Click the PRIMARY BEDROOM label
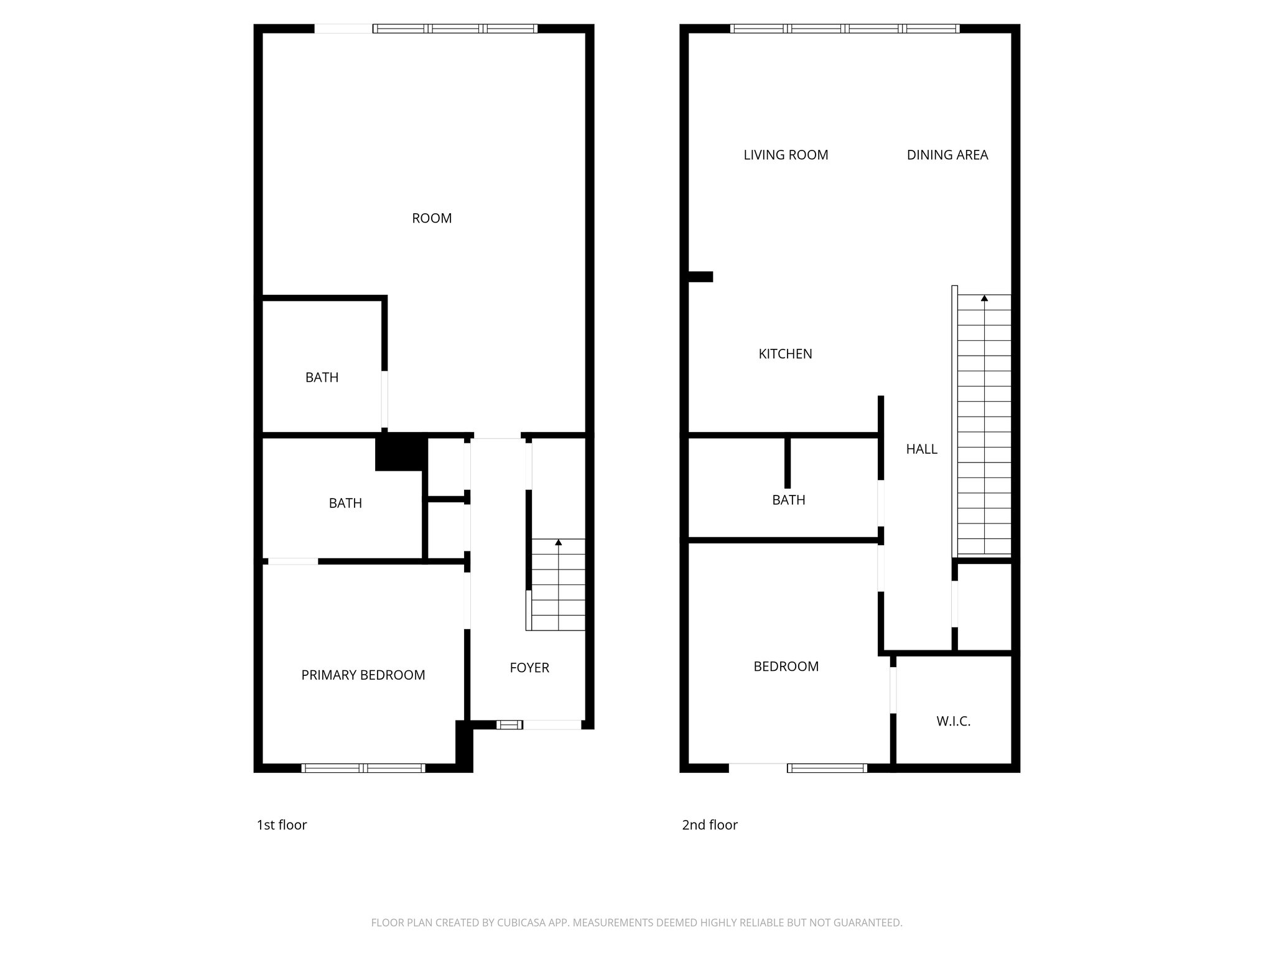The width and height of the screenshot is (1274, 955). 363,675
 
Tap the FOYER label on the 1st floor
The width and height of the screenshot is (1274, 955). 529,668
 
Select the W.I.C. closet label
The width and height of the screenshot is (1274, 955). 953,721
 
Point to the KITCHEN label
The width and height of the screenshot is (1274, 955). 785,354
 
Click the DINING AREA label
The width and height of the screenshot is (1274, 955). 947,155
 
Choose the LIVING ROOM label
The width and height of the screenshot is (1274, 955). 786,155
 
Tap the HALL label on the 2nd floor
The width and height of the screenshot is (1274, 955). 921,449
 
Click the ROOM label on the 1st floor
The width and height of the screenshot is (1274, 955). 432,218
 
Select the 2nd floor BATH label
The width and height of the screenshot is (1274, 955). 788,500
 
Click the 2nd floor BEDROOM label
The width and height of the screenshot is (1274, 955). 786,667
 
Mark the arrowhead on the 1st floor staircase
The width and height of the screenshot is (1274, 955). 558,543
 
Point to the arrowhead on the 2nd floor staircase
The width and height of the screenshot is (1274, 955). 984,298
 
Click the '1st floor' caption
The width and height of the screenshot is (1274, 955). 282,825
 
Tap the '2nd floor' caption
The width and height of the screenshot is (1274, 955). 710,825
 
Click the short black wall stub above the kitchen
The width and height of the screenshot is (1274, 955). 700,277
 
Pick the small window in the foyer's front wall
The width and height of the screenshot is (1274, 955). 509,724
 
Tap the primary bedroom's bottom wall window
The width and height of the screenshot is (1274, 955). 363,768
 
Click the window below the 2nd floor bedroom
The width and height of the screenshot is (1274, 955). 827,768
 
